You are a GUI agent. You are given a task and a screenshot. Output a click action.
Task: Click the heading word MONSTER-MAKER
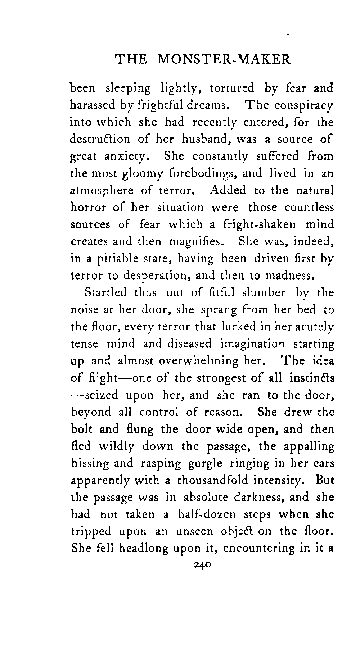(x=224, y=59)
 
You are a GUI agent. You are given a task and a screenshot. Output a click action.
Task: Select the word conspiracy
(x=303, y=106)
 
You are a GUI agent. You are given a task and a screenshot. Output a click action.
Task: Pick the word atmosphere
(x=102, y=191)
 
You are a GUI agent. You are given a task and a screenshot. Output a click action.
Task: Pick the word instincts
(x=311, y=378)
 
